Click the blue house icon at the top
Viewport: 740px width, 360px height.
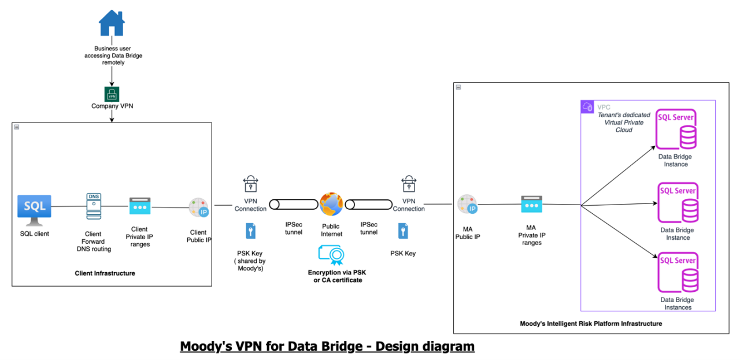112,23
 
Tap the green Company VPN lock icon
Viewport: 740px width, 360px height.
112,94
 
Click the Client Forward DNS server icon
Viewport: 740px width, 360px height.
93,206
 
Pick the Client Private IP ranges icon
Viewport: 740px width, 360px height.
139,207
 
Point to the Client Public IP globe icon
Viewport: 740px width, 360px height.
198,208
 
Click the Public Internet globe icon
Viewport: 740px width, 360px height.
331,205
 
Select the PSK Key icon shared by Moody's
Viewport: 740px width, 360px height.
250,231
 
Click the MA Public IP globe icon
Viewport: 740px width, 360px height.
467,204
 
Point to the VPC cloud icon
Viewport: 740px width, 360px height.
588,107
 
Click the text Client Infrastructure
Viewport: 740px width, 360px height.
105,273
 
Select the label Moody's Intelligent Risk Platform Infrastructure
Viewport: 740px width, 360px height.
591,324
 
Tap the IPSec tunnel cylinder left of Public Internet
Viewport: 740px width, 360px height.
294,205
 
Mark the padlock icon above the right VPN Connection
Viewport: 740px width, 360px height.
409,184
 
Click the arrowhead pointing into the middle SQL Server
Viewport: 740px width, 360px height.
654,203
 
